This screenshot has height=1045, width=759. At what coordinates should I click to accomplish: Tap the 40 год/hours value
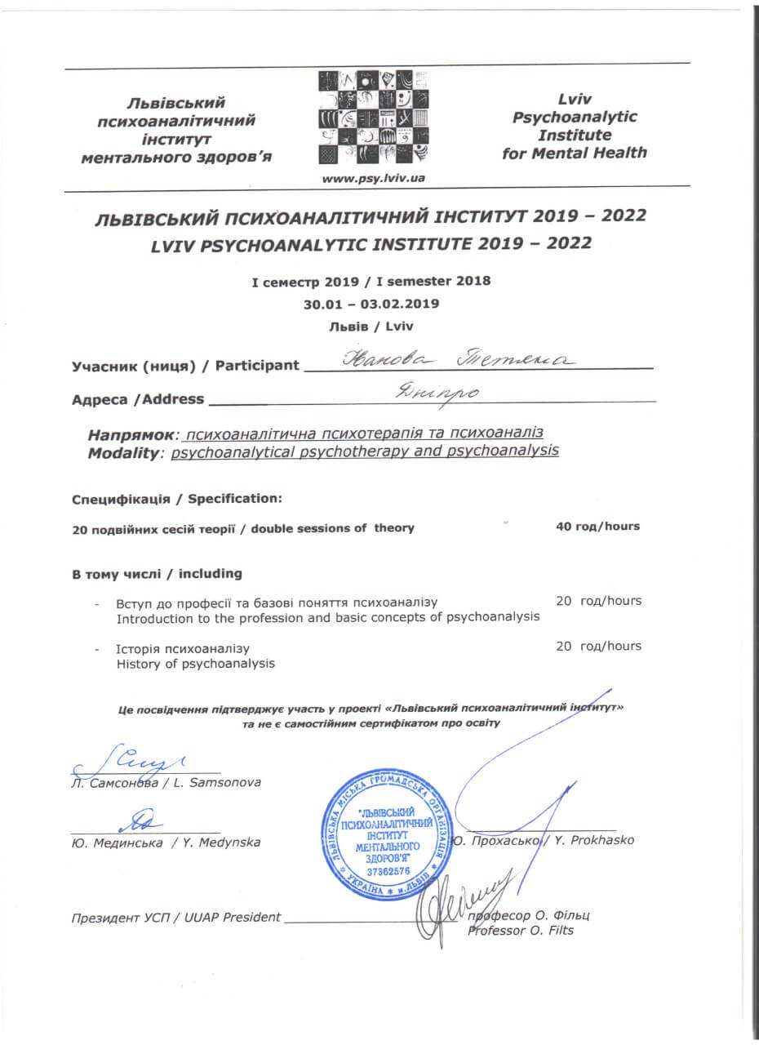(x=597, y=527)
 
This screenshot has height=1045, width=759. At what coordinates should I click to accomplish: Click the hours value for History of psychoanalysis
(x=598, y=646)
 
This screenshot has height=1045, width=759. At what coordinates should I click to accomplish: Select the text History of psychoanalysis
(x=196, y=663)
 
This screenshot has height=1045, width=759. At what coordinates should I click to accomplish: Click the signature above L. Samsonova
(x=147, y=760)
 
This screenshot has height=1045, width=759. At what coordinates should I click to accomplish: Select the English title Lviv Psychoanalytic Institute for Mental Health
(x=575, y=126)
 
